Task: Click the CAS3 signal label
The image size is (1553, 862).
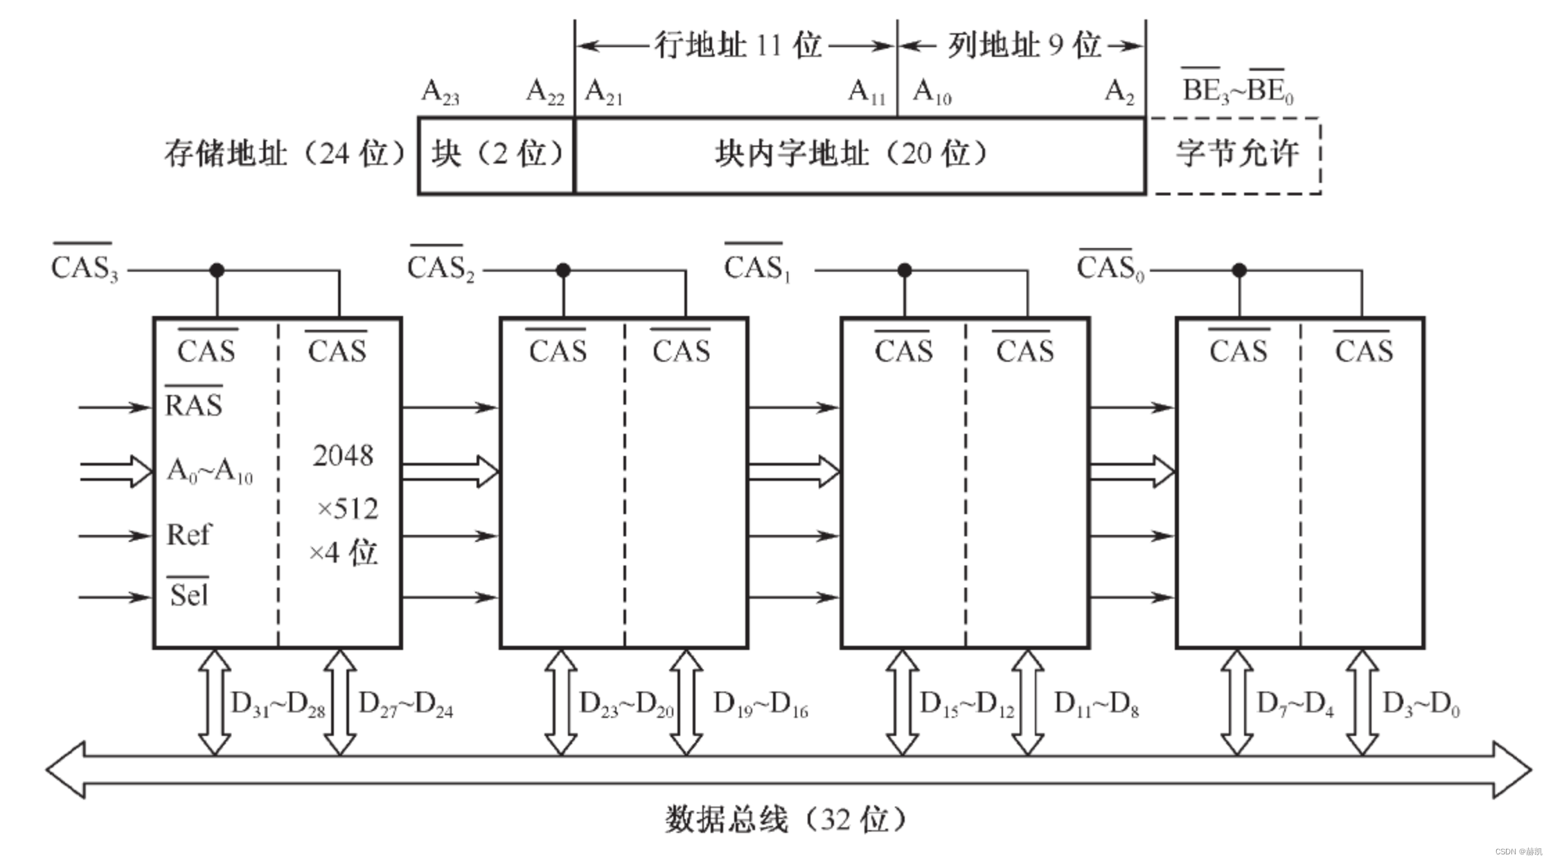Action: (x=85, y=266)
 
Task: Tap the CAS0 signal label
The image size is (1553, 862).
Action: (x=1110, y=266)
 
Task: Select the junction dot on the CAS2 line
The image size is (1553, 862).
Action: (x=563, y=270)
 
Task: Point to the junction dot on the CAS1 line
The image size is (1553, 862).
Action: (x=904, y=270)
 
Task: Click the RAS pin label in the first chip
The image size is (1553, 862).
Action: (x=193, y=404)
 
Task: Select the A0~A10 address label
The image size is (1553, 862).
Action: (x=210, y=470)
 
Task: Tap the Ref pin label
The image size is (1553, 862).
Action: (x=188, y=535)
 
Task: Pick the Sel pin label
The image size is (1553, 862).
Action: (x=188, y=595)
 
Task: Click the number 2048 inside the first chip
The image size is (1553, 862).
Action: (x=343, y=455)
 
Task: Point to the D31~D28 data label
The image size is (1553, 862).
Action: (x=278, y=705)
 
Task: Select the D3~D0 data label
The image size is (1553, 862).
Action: (x=1421, y=705)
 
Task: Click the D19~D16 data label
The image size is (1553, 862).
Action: (x=761, y=705)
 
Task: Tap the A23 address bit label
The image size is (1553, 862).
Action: (x=440, y=91)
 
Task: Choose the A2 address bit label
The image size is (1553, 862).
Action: (x=1119, y=91)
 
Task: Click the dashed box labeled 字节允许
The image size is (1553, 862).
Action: (x=1236, y=155)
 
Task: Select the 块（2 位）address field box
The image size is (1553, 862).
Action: (x=497, y=155)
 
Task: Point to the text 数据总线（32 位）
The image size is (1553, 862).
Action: (x=785, y=820)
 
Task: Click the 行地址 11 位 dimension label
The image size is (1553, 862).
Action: (x=738, y=46)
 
